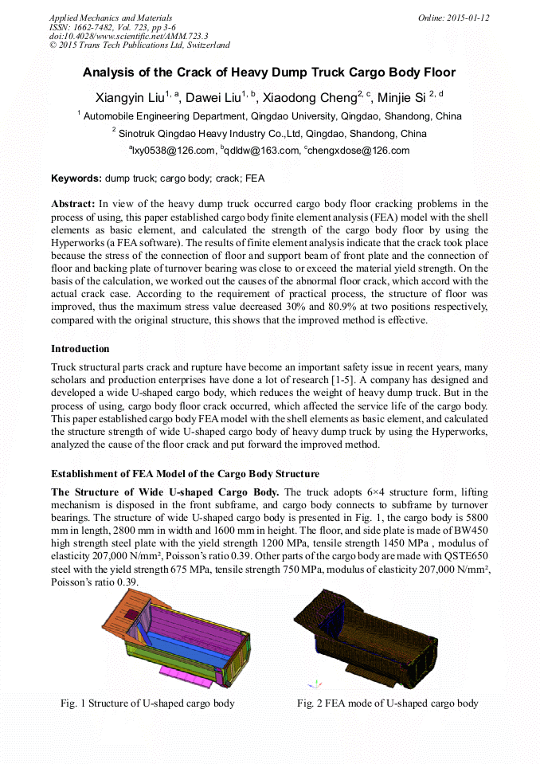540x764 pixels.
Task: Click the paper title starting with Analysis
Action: (269, 72)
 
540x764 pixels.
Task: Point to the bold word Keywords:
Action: (76, 178)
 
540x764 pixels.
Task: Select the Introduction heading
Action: (80, 348)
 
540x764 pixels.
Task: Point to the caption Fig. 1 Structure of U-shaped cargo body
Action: (148, 703)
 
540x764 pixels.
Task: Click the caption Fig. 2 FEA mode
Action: (387, 703)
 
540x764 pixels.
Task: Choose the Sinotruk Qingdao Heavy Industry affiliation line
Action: (269, 133)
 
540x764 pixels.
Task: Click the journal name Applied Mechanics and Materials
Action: (110, 18)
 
